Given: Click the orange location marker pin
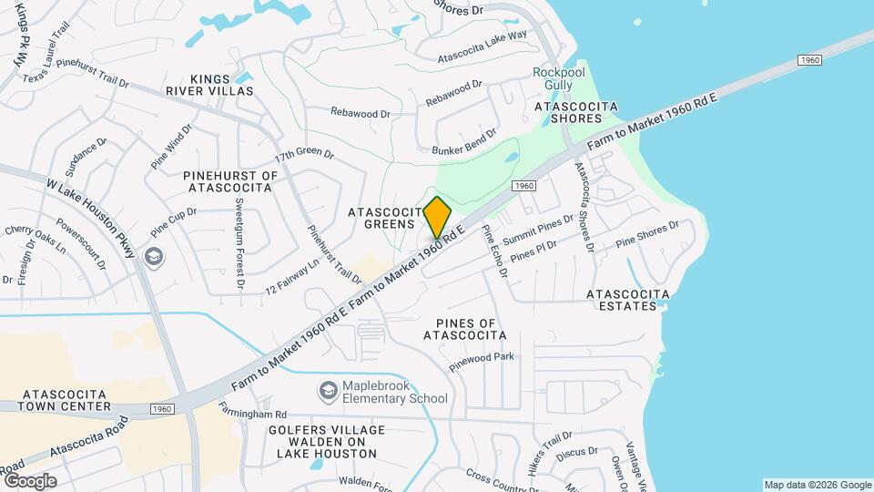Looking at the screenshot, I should [437, 217].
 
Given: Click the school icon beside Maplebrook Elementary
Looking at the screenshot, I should [327, 392].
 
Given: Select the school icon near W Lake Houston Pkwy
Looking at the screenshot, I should [153, 258].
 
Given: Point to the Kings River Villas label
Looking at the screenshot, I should [223, 85].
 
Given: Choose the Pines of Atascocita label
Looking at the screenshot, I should [464, 329].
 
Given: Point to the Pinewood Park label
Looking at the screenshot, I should [482, 364].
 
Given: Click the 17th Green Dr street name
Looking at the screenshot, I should [304, 154].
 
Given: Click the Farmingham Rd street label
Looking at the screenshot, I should [253, 414].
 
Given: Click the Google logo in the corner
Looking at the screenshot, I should [30, 480].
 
